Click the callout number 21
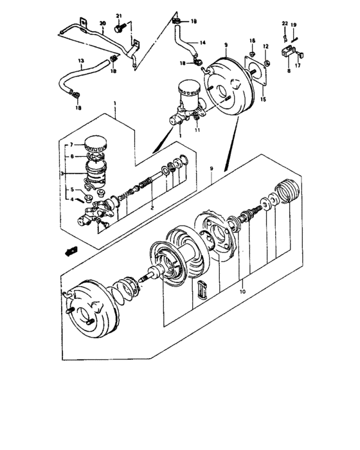118,15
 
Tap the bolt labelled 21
119,28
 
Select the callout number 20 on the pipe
102,24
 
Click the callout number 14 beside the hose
203,43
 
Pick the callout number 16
253,40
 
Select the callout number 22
285,24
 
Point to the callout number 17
298,64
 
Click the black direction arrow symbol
72,249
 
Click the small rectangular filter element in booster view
202,290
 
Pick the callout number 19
294,24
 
